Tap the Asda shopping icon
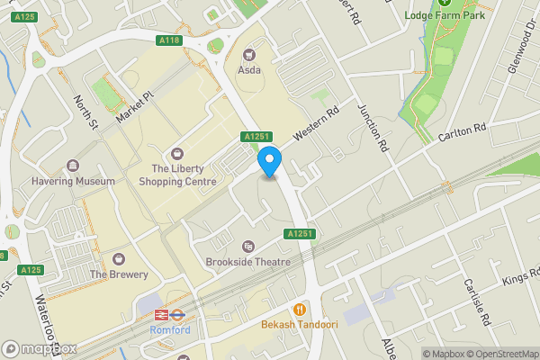(249, 53)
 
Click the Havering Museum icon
(72, 166)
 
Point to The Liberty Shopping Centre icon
(177, 154)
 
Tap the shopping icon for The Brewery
(119, 259)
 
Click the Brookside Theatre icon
(248, 247)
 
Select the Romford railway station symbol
(163, 315)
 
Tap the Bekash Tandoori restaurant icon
(300, 308)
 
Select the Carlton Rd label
(462, 133)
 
